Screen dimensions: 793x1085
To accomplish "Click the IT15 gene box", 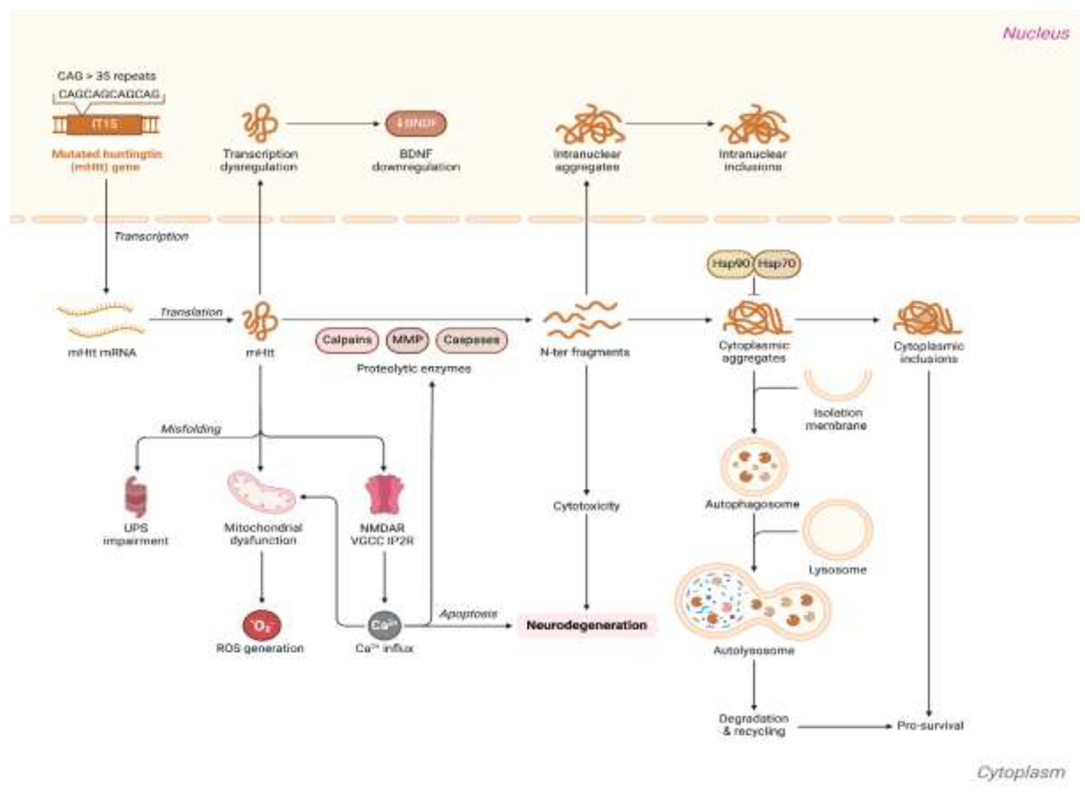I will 105,125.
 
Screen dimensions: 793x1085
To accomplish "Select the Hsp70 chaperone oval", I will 777,263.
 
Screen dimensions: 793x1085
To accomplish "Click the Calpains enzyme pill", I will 347,340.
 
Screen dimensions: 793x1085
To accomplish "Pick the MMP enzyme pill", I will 407,340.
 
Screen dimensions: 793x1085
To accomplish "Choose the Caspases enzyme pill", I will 471,340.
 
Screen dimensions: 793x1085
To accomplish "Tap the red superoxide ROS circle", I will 262,625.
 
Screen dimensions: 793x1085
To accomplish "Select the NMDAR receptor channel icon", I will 384,495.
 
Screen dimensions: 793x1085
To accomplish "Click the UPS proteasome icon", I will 136,497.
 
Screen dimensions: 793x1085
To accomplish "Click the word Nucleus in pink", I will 1036,33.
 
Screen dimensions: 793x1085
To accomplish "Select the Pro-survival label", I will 930,725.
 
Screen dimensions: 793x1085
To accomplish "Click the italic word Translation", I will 191,312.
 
